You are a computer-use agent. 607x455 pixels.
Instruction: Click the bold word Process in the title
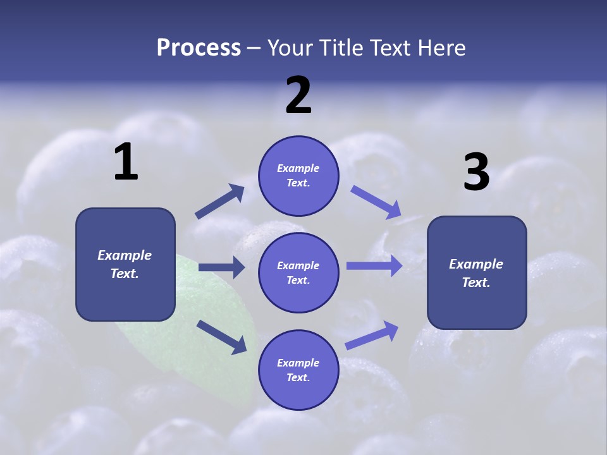pyautogui.click(x=199, y=48)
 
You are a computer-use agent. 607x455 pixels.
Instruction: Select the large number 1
pyautogui.click(x=126, y=162)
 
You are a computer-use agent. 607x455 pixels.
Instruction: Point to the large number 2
pyautogui.click(x=298, y=95)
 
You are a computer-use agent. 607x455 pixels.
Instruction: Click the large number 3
pyautogui.click(x=476, y=173)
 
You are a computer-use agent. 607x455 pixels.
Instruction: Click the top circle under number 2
pyautogui.click(x=298, y=176)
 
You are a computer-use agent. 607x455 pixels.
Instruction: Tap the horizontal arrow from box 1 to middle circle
pyautogui.click(x=221, y=267)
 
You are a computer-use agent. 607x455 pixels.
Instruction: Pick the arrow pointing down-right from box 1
pyautogui.click(x=221, y=336)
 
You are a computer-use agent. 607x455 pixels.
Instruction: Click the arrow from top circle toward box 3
pyautogui.click(x=376, y=202)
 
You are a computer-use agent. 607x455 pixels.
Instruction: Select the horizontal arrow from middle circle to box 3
pyautogui.click(x=374, y=266)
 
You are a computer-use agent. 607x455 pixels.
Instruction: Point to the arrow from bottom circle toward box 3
pyautogui.click(x=372, y=336)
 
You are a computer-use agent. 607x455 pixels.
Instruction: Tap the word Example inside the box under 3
pyautogui.click(x=476, y=264)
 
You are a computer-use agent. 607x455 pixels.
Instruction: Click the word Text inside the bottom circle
pyautogui.click(x=297, y=377)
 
